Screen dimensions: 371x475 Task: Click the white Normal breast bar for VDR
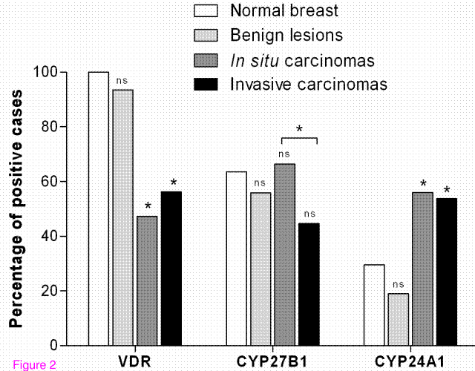click(x=99, y=209)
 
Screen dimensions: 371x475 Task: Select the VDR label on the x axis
click(x=134, y=363)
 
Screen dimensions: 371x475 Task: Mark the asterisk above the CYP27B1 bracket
click(x=299, y=129)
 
